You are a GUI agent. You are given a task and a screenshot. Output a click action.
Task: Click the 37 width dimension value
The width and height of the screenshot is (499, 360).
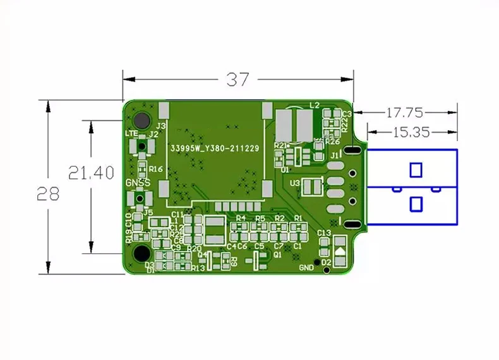click(237, 80)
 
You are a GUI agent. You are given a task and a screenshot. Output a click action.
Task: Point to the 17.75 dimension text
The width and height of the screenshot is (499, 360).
click(404, 112)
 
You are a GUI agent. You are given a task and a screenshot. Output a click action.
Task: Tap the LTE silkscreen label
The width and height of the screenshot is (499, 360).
click(131, 134)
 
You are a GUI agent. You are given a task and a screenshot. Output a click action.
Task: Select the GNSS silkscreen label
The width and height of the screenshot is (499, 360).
click(138, 183)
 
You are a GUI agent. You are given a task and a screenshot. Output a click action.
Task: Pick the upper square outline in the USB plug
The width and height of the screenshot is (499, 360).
click(416, 170)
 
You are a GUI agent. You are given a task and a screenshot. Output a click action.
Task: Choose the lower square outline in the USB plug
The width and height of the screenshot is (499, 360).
click(416, 204)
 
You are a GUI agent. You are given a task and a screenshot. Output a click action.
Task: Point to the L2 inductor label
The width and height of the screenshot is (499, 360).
click(315, 105)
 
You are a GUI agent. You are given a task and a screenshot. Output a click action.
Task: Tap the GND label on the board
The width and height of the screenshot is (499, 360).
click(306, 267)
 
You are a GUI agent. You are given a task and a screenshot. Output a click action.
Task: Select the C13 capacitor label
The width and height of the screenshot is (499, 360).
click(324, 233)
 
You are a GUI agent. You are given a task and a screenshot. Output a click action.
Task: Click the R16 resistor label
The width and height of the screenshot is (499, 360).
click(156, 169)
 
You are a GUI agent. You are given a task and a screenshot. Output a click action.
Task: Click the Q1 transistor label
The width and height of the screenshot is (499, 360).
click(277, 255)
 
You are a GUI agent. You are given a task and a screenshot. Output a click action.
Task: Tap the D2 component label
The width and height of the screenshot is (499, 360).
click(326, 262)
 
